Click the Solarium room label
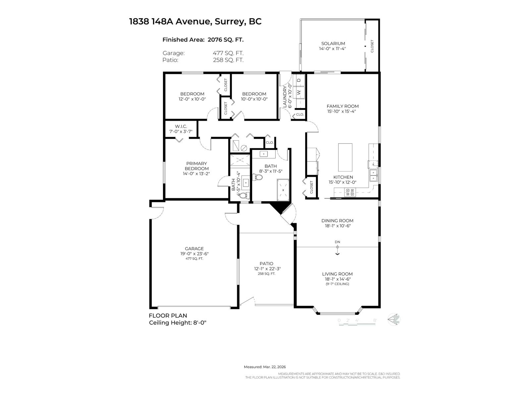333,43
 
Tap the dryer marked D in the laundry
299,80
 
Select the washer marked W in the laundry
299,92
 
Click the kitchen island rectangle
345,157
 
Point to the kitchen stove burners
349,192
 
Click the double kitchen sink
373,175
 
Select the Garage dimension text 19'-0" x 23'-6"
194,254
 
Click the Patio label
266,264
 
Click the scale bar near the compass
357,322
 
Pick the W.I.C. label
181,126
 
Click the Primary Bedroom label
196,166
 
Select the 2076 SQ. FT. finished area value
225,40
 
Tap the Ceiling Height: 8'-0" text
178,323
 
